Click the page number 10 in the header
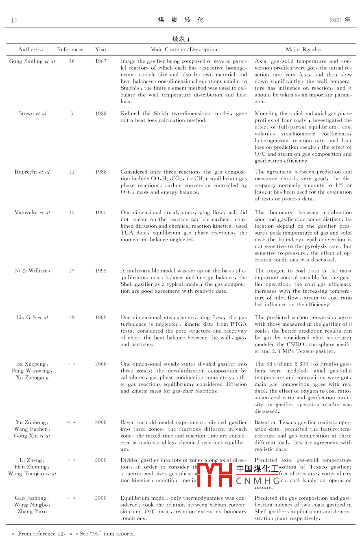pyautogui.click(x=14, y=20)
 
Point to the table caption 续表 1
pyautogui.click(x=181, y=39)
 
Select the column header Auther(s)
pyautogui.click(x=31, y=50)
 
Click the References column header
pyautogui.click(x=70, y=50)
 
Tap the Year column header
pyautogui.click(x=101, y=50)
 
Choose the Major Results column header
pyautogui.click(x=303, y=50)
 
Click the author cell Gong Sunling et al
pyautogui.click(x=32, y=61)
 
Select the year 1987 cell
pyautogui.click(x=101, y=61)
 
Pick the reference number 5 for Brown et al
pyautogui.click(x=72, y=113)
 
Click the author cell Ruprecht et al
pyautogui.click(x=32, y=172)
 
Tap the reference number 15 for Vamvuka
pyautogui.click(x=72, y=213)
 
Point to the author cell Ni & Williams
pyautogui.click(x=32, y=271)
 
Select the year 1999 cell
pyautogui.click(x=101, y=318)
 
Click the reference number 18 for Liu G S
pyautogui.click(x=72, y=318)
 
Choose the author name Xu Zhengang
pyautogui.click(x=32, y=377)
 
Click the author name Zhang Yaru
pyautogui.click(x=32, y=512)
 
